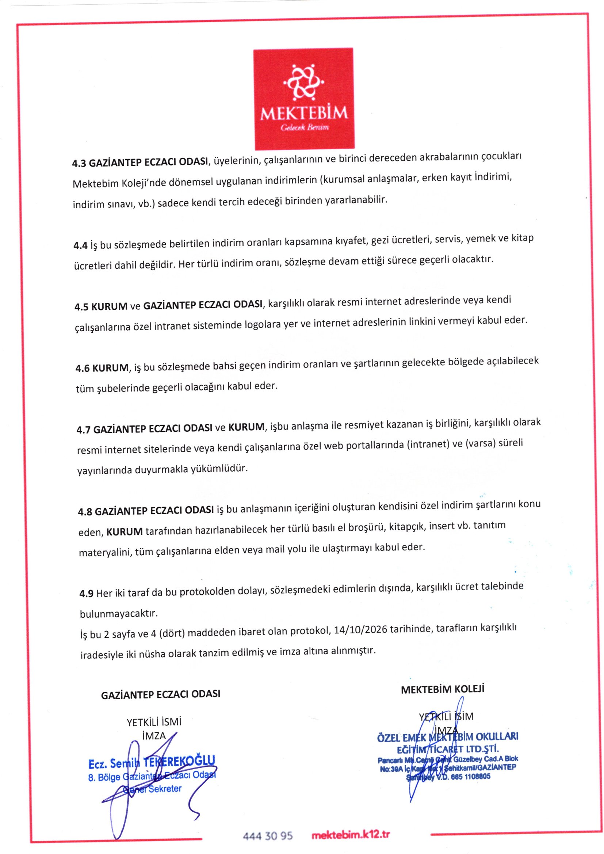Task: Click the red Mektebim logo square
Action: pyautogui.click(x=303, y=99)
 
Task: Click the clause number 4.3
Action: pyautogui.click(x=79, y=163)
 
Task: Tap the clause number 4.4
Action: pyautogui.click(x=80, y=245)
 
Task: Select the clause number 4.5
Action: pyautogui.click(x=81, y=307)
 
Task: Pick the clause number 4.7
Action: pyautogui.click(x=83, y=430)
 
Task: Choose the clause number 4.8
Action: pyautogui.click(x=85, y=512)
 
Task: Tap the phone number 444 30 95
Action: pyautogui.click(x=268, y=836)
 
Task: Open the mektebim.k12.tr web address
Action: pyautogui.click(x=350, y=835)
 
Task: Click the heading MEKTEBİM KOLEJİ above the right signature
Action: pyautogui.click(x=442, y=689)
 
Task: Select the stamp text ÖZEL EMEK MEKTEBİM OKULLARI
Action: pyautogui.click(x=447, y=737)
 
